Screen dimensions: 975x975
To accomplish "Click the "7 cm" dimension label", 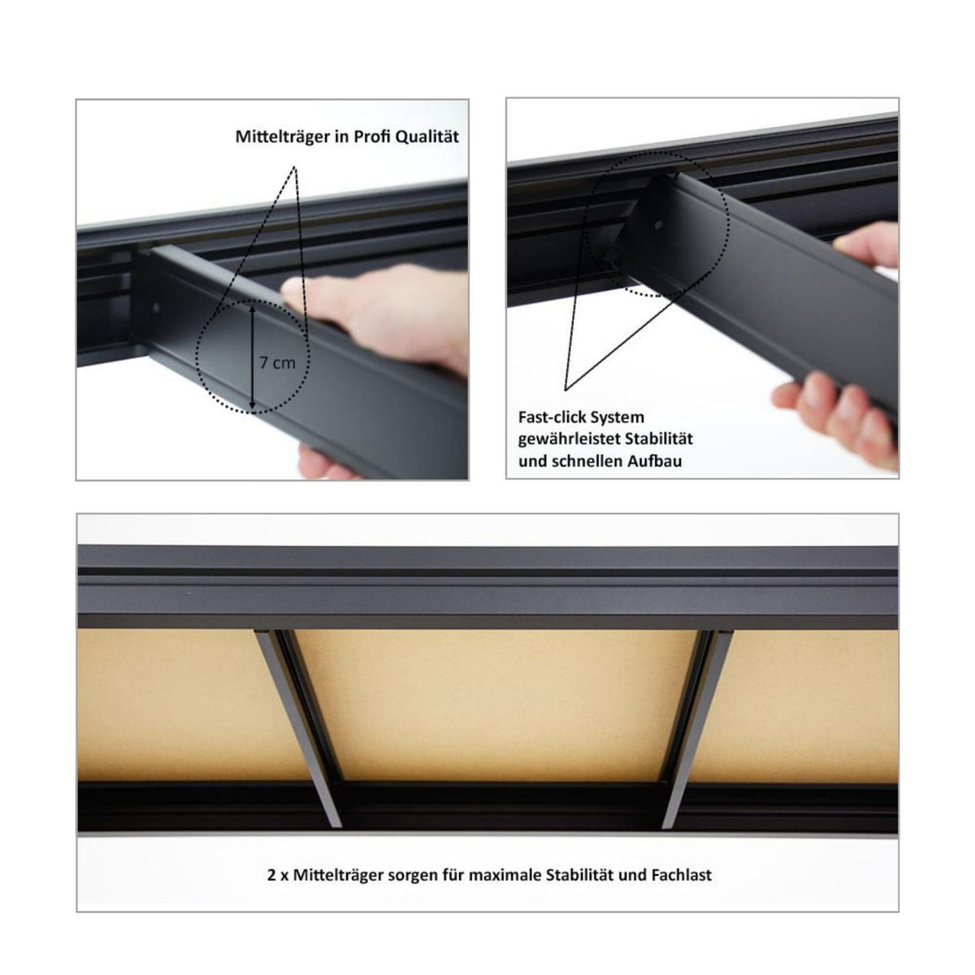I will pos(278,362).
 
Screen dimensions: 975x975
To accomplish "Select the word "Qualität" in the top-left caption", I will pos(427,136).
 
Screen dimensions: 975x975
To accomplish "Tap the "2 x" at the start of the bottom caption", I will pos(276,875).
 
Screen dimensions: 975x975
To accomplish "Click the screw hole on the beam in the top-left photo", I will pos(157,308).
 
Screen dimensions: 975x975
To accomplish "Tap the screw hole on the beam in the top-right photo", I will pos(658,224).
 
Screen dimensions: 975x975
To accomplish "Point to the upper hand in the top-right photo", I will pos(869,248).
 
